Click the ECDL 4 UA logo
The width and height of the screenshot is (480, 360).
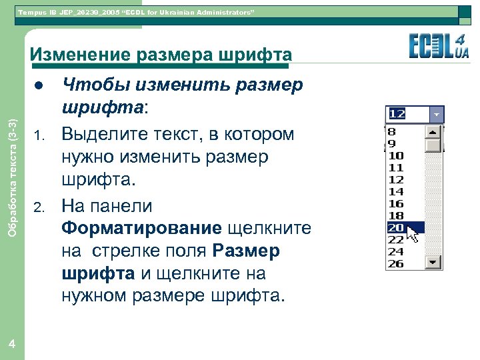[x=438, y=47]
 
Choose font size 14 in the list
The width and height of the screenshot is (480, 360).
[x=396, y=191]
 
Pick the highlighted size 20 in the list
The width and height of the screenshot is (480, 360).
[x=396, y=227]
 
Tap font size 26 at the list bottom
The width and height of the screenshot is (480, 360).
[x=396, y=263]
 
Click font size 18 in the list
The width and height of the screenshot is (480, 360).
[x=396, y=215]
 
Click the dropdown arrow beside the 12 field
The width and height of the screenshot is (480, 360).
[x=437, y=114]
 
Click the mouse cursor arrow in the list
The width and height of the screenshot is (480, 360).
[x=413, y=234]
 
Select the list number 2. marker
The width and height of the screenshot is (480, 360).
[x=39, y=207]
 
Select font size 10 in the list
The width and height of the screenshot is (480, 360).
[x=396, y=155]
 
